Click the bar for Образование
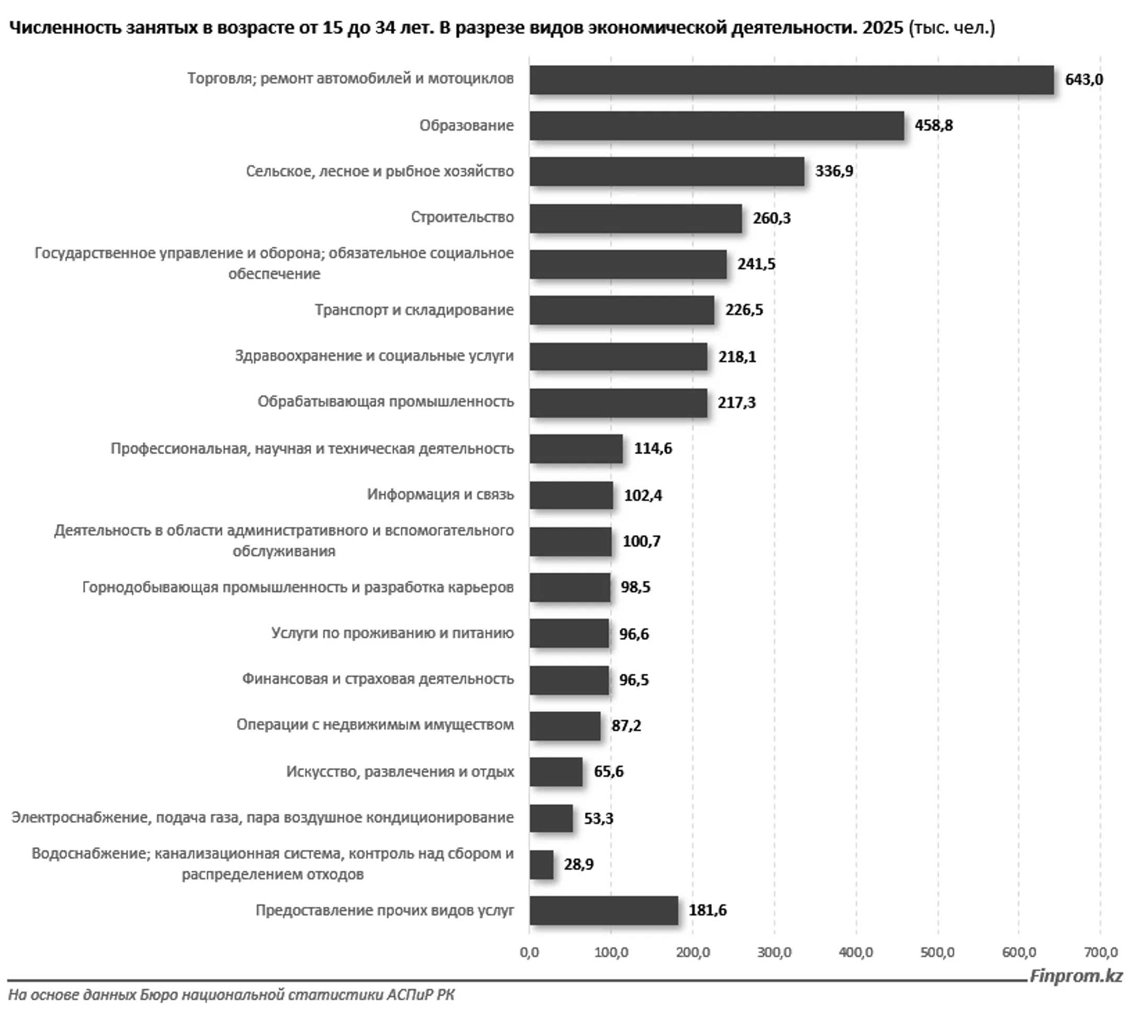point(716,126)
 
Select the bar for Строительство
point(635,218)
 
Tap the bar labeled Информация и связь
point(571,495)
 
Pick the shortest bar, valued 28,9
point(541,865)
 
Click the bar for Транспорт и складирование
point(621,310)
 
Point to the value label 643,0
point(1083,80)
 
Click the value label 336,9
point(833,171)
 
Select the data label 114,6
point(652,448)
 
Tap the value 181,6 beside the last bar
point(707,911)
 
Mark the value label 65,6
point(608,772)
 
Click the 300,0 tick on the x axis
point(774,953)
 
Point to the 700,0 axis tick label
point(1100,953)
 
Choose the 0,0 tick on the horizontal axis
point(529,953)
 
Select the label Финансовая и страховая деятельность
point(378,679)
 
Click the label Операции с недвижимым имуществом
point(375,725)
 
